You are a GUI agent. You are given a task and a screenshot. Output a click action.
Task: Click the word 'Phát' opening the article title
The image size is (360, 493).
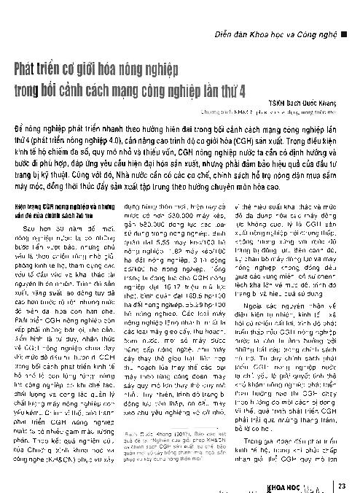tap(28, 71)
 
